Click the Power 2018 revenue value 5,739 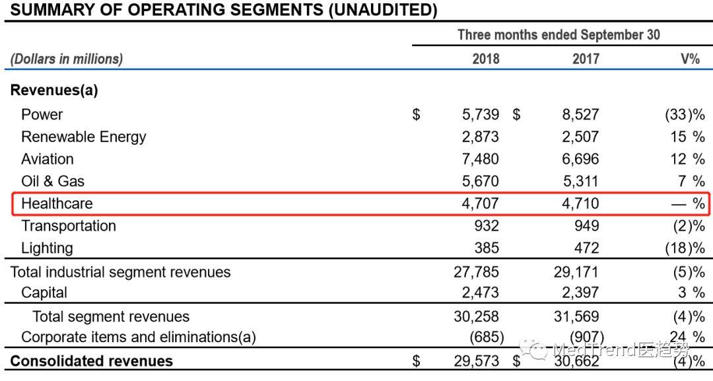click(x=481, y=115)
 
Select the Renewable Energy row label click(x=83, y=137)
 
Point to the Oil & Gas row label click(x=53, y=182)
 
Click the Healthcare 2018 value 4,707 click(x=481, y=203)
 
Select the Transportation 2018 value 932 click(x=487, y=226)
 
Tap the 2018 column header click(x=486, y=59)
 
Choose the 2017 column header click(x=586, y=59)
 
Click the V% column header click(x=690, y=59)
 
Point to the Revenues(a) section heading click(x=54, y=91)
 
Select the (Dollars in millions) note click(x=67, y=59)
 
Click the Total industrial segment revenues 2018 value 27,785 click(x=477, y=272)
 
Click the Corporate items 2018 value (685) click(x=485, y=337)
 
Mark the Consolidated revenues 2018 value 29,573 click(x=477, y=361)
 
